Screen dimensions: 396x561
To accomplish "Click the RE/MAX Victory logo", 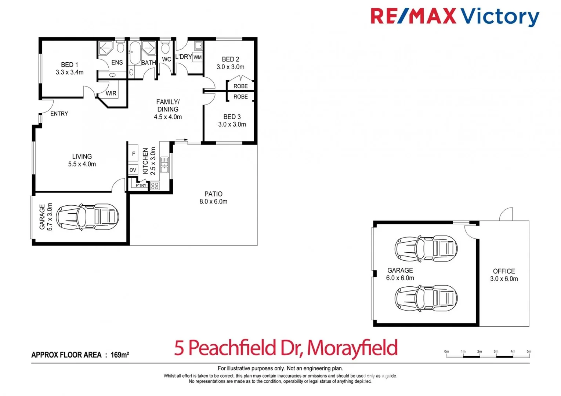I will [455, 16].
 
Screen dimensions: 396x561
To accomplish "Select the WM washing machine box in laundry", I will [198, 57].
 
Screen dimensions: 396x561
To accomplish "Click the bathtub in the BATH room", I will [135, 53].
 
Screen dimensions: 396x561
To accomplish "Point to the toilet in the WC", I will [165, 48].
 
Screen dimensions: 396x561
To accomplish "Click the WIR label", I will [111, 93].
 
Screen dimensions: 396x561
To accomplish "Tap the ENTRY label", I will [59, 114].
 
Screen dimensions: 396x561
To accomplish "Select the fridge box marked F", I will [133, 154].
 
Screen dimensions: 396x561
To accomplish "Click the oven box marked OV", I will [133, 170].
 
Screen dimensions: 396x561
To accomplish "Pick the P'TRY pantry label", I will [141, 186].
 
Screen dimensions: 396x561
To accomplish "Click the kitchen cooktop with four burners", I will [155, 186].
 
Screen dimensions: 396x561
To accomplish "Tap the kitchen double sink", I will [164, 165].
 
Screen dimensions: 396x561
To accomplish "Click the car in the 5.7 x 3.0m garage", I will [87, 217].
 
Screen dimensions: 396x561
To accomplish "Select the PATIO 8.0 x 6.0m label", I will [213, 198].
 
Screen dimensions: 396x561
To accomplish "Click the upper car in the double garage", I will [426, 248].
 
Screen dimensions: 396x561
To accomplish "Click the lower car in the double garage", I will [426, 298].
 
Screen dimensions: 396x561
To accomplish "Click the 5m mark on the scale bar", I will [529, 352].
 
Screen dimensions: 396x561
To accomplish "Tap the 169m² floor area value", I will [119, 355].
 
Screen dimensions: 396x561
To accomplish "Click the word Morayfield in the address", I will [352, 348].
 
